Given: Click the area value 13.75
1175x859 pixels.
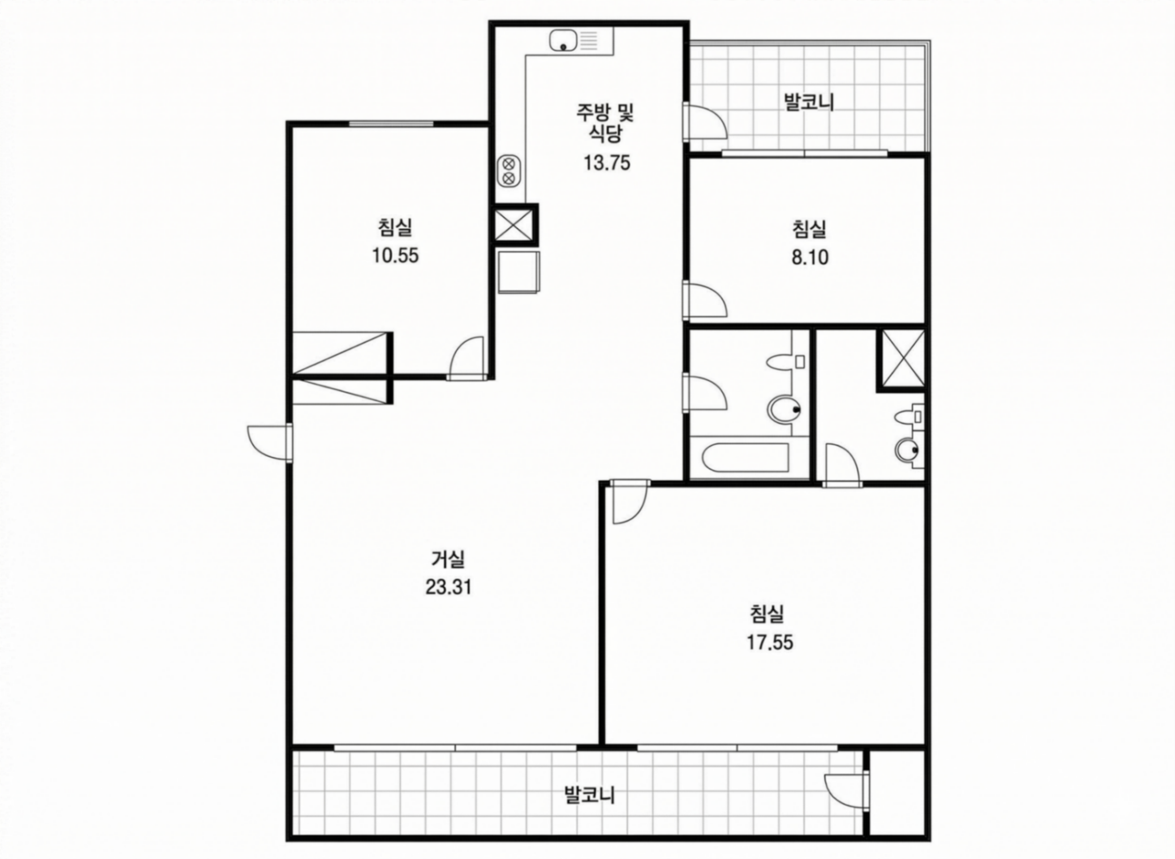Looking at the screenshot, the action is [606, 163].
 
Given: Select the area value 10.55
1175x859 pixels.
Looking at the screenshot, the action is [395, 256].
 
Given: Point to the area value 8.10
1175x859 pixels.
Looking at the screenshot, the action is [810, 257].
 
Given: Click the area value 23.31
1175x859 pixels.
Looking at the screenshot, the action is [448, 588].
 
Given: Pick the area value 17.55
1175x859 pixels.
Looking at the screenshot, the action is [770, 643].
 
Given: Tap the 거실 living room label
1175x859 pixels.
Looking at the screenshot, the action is [448, 559].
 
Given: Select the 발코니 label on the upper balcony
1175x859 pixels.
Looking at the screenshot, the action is [809, 102].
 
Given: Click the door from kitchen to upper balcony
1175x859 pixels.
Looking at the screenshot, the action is [704, 120].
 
